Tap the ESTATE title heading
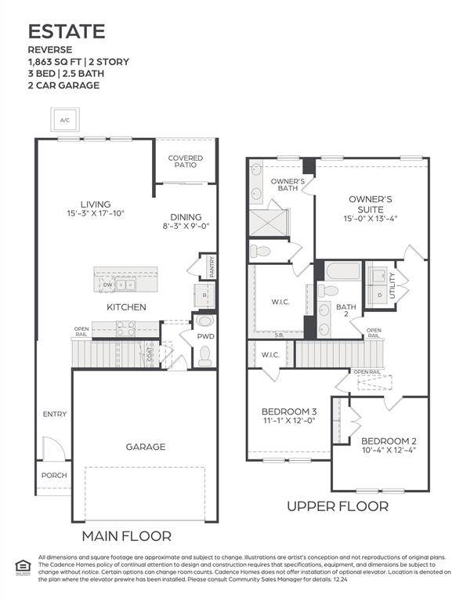[x=67, y=31]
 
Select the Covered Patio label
[x=186, y=162]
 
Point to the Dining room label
[x=186, y=217]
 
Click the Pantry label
[x=212, y=266]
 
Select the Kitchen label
[x=126, y=306]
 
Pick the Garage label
[x=146, y=447]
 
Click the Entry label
[x=55, y=414]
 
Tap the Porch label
[x=54, y=475]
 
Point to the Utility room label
[x=403, y=278]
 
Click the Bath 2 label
[x=346, y=312]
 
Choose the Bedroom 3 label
[x=289, y=411]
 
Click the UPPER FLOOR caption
[x=337, y=506]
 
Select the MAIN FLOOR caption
[x=127, y=536]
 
